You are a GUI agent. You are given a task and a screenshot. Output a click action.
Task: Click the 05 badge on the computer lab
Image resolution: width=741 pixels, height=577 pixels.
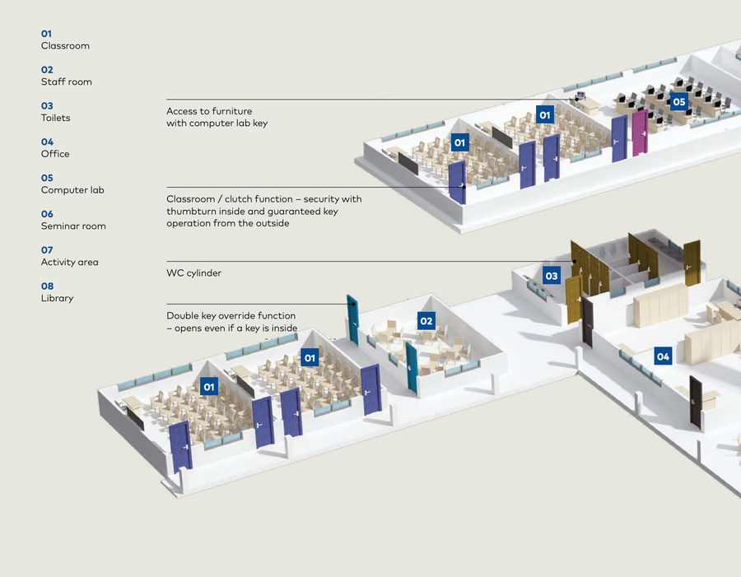[x=678, y=102]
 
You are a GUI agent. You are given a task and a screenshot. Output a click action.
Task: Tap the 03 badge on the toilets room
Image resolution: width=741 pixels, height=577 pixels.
[x=552, y=276]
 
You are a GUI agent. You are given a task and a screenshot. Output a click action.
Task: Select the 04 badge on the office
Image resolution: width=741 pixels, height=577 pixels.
[x=663, y=356]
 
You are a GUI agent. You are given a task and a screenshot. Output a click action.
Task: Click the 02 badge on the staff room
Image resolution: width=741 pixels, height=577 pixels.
[x=426, y=321]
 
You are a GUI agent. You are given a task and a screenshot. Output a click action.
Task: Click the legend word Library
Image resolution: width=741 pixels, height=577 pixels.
[x=57, y=298]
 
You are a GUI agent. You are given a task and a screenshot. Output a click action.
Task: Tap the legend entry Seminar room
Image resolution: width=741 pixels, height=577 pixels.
[x=73, y=226]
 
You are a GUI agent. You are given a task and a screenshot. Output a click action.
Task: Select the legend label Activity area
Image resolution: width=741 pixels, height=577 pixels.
[x=69, y=262]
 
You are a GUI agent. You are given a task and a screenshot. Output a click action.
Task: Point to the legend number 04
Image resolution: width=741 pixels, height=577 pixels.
[x=47, y=142]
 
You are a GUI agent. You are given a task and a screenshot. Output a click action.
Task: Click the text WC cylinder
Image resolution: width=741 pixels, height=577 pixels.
[x=193, y=272]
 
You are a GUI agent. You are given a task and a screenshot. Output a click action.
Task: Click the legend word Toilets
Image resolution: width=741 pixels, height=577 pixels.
[x=55, y=118]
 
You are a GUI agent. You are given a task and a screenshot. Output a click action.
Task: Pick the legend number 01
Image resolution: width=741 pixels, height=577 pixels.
[x=47, y=34]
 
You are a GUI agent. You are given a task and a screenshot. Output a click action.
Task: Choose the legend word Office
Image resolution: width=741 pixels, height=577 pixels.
[x=55, y=154]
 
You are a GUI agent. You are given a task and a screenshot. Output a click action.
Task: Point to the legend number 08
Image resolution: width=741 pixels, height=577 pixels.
[x=47, y=286]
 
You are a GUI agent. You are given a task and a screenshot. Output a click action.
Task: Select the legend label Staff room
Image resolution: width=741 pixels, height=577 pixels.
[x=66, y=81]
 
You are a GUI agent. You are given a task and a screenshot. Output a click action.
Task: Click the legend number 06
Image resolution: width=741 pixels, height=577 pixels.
[x=47, y=214]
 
